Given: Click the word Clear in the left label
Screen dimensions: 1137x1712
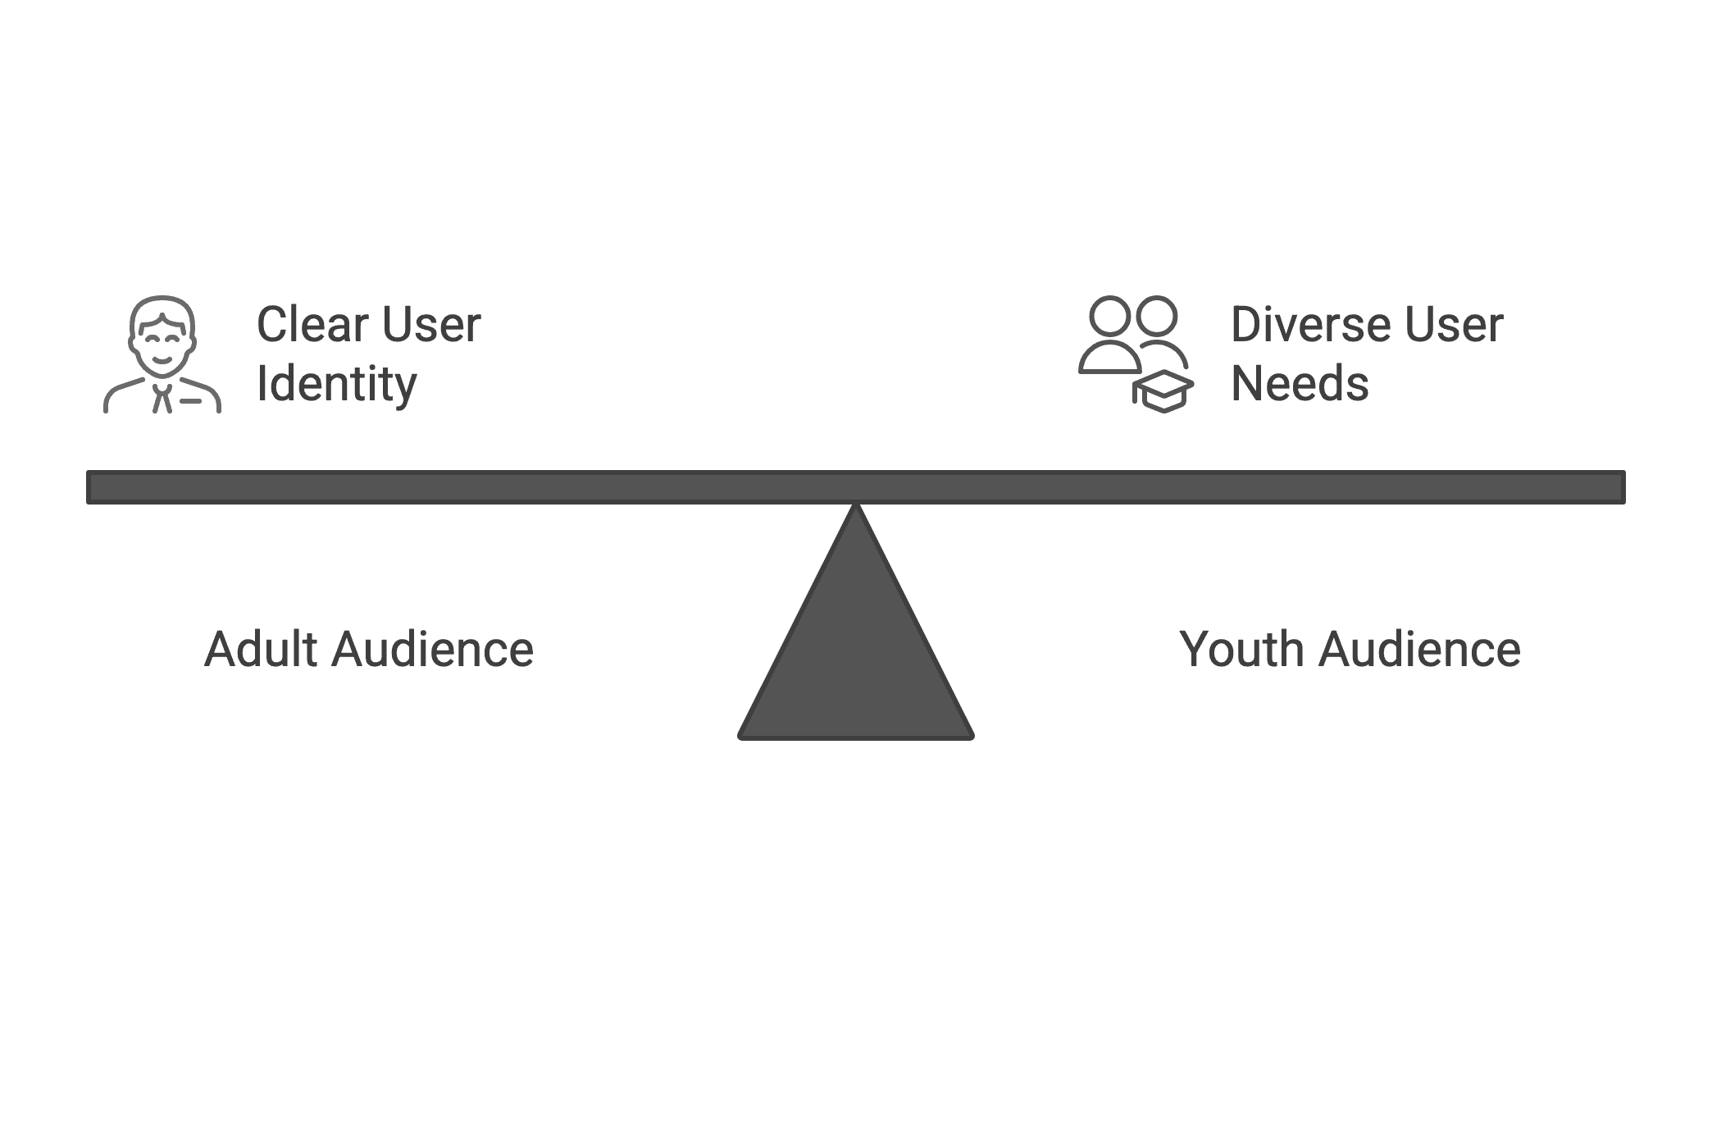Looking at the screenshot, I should [x=312, y=325].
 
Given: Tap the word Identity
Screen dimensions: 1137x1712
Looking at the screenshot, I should [x=337, y=384].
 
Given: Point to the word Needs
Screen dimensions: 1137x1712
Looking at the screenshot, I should [x=1300, y=384].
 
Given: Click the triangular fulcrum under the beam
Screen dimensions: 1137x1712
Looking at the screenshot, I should [x=856, y=656].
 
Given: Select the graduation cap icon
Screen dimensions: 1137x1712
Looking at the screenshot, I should [x=1164, y=391].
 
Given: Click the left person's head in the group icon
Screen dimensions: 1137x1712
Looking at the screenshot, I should [x=1110, y=317].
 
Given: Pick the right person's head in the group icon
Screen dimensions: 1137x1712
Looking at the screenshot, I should [x=1157, y=317].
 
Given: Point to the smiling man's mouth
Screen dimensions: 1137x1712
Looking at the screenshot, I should [x=162, y=361].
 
